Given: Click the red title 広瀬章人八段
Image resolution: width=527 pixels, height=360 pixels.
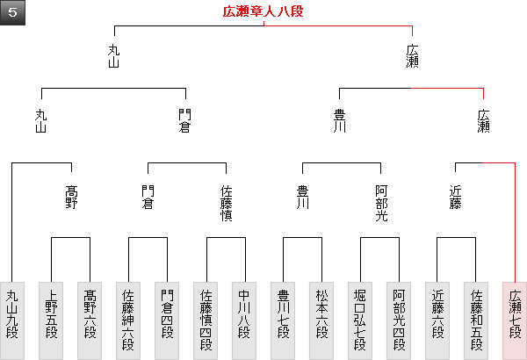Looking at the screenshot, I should (x=263, y=12).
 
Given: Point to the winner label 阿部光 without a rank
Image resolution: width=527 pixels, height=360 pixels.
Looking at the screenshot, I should (x=381, y=203).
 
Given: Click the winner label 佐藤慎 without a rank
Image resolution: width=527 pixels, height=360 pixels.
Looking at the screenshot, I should (x=226, y=203).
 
